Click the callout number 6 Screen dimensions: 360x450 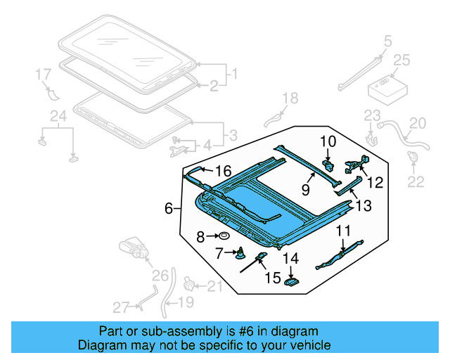pyautogui.click(x=168, y=208)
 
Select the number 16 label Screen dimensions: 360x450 pyautogui.click(x=223, y=171)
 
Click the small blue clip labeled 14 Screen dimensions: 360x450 pyautogui.click(x=291, y=281)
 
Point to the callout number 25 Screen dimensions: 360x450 pyautogui.click(x=401, y=61)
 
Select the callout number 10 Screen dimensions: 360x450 pyautogui.click(x=328, y=141)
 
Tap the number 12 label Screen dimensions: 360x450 pyautogui.click(x=375, y=183)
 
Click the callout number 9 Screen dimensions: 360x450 pyautogui.click(x=306, y=188)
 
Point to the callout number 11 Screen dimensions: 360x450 pyautogui.click(x=342, y=230)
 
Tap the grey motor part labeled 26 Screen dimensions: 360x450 pyautogui.click(x=134, y=247)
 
